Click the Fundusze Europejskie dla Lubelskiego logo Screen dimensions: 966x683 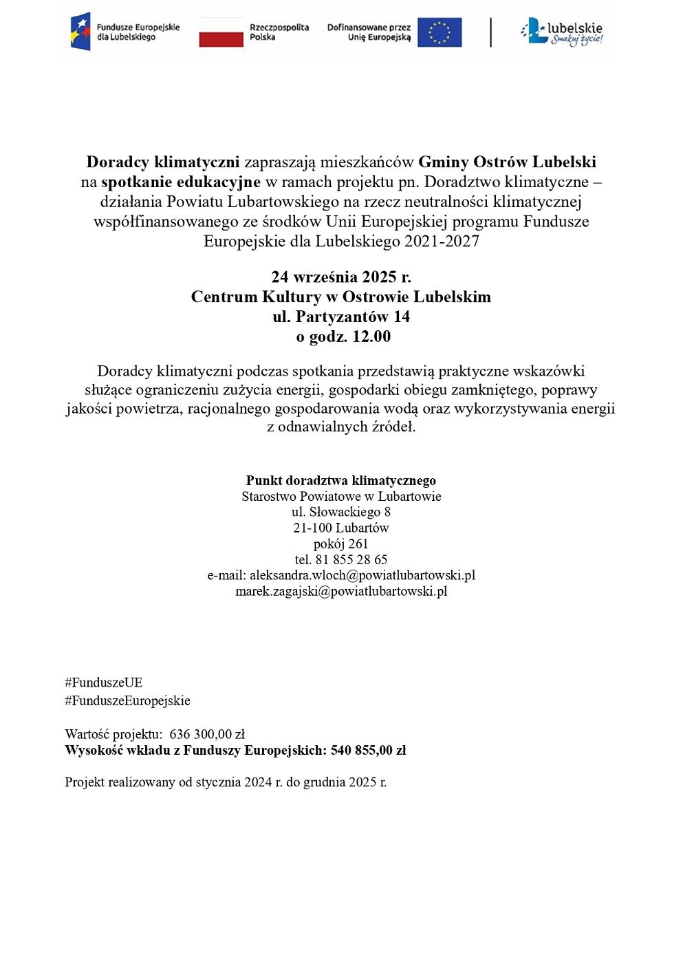(124, 32)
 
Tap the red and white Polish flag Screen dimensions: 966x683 (221, 32)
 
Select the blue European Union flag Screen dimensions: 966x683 (440, 32)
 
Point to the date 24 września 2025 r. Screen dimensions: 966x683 (341, 277)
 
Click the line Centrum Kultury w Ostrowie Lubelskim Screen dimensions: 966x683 (341, 297)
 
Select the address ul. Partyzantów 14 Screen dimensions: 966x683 (341, 317)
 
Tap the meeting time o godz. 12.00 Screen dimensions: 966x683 (343, 337)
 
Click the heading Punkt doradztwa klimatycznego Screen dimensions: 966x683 (341, 481)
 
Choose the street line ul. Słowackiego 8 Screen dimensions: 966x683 (341, 513)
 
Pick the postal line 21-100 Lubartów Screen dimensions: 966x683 (341, 528)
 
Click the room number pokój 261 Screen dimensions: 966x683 (341, 544)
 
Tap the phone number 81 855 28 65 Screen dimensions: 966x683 (351, 560)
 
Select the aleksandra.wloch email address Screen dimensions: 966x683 (362, 576)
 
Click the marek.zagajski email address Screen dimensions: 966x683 (341, 592)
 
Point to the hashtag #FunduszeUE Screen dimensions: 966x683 (104, 683)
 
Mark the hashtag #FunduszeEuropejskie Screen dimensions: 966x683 (127, 701)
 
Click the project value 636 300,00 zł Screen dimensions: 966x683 (207, 735)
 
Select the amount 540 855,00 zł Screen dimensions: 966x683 (368, 751)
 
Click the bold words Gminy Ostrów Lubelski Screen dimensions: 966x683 (507, 162)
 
